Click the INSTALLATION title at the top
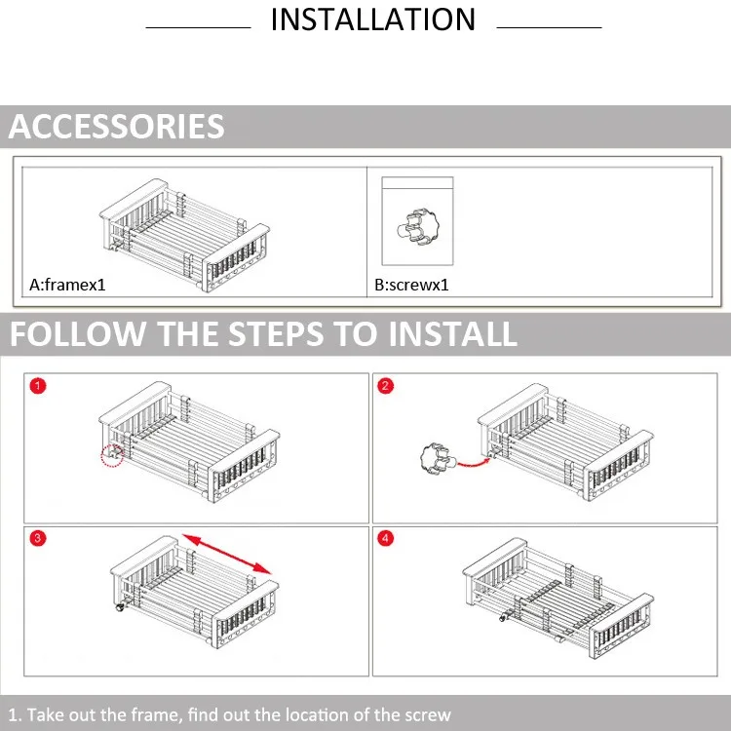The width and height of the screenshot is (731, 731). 373,19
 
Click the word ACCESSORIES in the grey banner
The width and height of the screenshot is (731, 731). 117,127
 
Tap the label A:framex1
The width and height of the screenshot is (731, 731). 67,285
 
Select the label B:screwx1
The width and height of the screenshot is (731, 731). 411,285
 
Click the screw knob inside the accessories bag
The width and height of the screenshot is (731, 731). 418,227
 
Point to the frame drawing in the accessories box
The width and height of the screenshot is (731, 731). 184,236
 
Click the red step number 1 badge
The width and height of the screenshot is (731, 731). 38,386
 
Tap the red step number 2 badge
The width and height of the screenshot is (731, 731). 386,386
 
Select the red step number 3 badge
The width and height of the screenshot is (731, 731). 38,538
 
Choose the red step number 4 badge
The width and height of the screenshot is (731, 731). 386,538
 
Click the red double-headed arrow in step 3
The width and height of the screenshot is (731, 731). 226,554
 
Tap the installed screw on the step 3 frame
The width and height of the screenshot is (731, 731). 120,607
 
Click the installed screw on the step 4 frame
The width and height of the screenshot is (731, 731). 504,618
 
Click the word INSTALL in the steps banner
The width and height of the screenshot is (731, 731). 452,333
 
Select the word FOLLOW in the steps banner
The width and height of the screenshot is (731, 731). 77,333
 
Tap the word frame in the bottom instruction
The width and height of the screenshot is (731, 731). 156,714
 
